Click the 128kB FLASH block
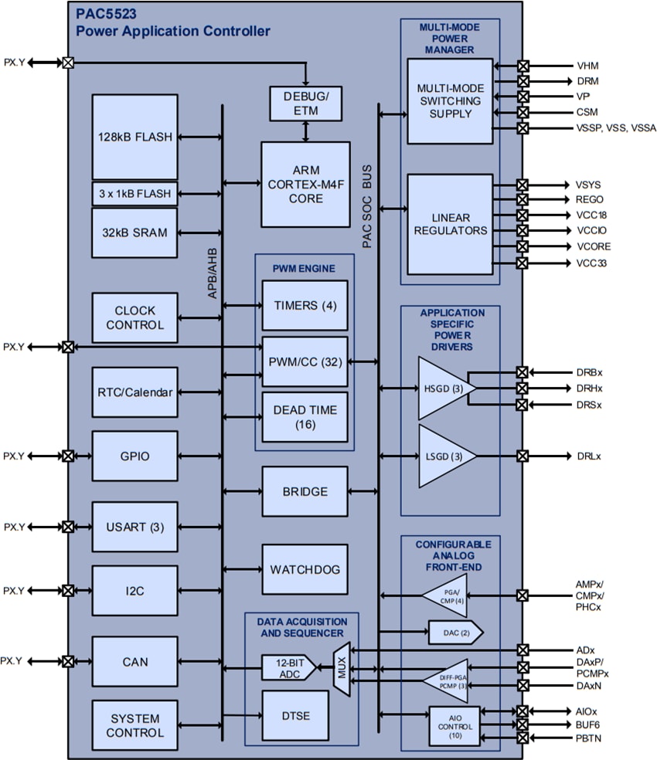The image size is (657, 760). click(134, 137)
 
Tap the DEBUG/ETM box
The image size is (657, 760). click(305, 103)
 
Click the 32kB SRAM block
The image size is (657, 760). click(134, 232)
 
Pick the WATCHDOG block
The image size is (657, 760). click(305, 568)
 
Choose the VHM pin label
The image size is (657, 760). click(587, 66)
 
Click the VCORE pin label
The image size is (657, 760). click(593, 246)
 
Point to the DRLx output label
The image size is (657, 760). click(589, 456)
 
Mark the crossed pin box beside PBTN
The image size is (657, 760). click(523, 739)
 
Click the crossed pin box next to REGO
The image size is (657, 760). click(523, 199)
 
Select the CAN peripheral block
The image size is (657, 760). click(134, 662)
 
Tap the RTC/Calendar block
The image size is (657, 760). click(134, 392)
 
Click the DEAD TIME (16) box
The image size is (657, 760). click(305, 417)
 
